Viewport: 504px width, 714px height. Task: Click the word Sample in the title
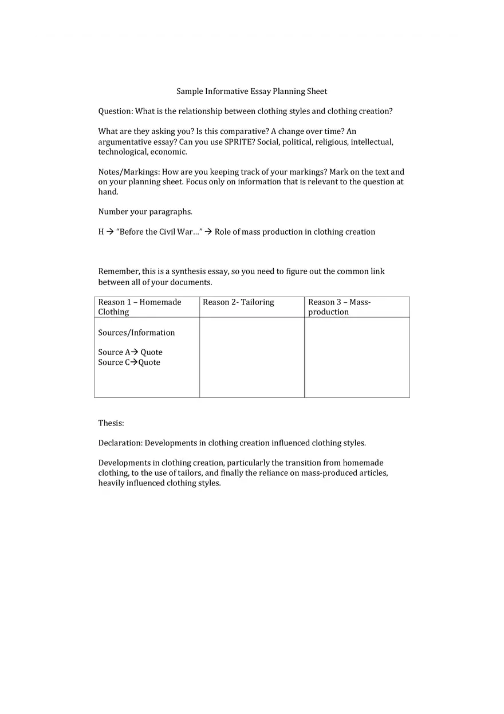[x=190, y=92]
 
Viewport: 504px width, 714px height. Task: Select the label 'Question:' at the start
[x=116, y=112]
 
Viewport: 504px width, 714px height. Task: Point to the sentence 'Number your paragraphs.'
[x=145, y=212]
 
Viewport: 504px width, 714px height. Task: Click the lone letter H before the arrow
[x=101, y=232]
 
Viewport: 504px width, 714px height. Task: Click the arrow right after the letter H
[x=110, y=232]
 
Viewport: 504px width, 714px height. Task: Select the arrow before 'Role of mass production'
[x=208, y=232]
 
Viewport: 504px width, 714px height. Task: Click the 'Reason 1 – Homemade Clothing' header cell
[x=147, y=307]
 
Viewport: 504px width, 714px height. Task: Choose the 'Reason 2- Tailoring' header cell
[x=251, y=307]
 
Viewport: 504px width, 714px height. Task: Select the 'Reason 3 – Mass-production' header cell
[x=357, y=307]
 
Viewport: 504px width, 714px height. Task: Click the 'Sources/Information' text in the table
[x=136, y=333]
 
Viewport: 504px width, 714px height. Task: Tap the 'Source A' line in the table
[x=130, y=353]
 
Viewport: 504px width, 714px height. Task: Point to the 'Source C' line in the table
[x=129, y=362]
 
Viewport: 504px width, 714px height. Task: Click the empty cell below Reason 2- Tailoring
[x=252, y=357]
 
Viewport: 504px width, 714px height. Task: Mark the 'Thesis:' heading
[x=111, y=423]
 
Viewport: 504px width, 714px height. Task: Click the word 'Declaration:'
[x=120, y=443]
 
